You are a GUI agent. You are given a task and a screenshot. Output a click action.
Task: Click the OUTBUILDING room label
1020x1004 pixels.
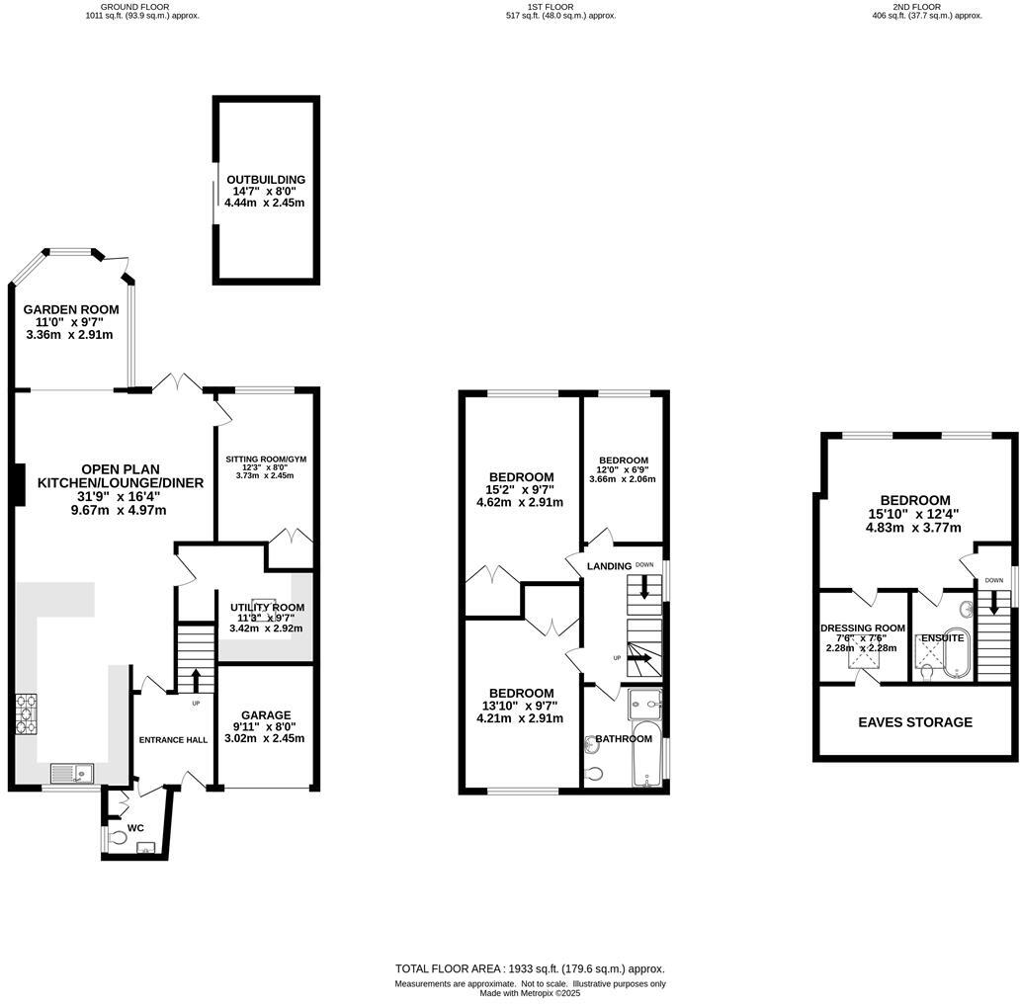[x=265, y=180]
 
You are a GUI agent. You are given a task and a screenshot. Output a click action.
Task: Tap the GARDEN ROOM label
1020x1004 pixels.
[x=71, y=309]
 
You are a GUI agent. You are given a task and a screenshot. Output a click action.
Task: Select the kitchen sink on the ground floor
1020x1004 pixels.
[x=72, y=771]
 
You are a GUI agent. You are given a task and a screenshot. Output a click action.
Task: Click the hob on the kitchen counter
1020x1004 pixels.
[x=27, y=715]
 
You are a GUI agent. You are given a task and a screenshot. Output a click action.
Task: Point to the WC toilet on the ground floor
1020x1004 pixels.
[x=118, y=836]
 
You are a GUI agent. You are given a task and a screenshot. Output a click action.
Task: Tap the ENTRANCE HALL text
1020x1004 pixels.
[x=172, y=739]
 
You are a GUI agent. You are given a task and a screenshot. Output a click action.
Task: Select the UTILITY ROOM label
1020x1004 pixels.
[x=267, y=607]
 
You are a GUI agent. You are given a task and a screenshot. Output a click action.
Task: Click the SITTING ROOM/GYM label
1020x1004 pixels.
[x=266, y=460]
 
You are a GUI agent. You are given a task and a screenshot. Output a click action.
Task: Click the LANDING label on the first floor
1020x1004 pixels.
[x=609, y=565]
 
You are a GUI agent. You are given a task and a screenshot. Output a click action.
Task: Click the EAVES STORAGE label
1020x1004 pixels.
[x=915, y=722]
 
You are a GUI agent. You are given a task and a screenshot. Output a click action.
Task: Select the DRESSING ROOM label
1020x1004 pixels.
[x=863, y=627]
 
